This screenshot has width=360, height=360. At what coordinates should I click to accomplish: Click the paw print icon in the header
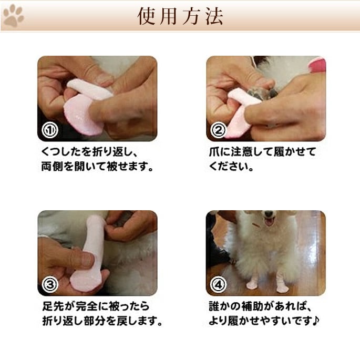[x=13, y=16]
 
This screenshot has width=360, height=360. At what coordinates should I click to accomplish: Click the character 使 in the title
[x=147, y=16]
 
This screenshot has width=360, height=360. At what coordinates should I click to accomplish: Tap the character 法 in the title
[x=214, y=16]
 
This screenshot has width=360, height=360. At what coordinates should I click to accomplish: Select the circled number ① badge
[x=50, y=130]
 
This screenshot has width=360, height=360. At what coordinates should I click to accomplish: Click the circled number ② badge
[x=218, y=130]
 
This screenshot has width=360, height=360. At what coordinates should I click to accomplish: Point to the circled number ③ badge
[x=50, y=285]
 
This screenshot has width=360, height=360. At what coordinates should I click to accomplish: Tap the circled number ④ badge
[x=218, y=285]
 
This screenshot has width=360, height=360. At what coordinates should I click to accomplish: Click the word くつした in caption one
[x=61, y=152]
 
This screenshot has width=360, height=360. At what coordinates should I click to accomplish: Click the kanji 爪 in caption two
[x=214, y=152]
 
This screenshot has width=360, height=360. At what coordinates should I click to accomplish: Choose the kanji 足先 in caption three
[x=53, y=306]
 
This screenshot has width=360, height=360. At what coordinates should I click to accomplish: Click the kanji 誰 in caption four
[x=214, y=306]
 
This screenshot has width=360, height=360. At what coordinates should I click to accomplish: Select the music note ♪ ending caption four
[x=316, y=321]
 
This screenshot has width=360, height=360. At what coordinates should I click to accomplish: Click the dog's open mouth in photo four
[x=269, y=221]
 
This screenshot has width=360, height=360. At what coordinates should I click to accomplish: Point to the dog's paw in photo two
[x=262, y=93]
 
